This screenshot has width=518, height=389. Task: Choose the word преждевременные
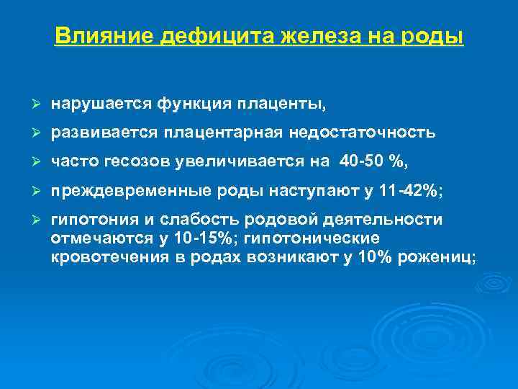coord(122,190)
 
